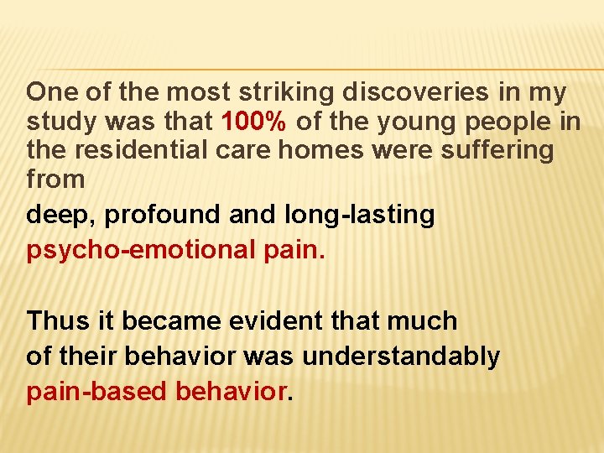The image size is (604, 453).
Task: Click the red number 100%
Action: [255, 122]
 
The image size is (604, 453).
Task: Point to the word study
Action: [62, 122]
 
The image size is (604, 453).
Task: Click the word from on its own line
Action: [55, 179]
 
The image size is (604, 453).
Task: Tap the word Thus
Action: [55, 320]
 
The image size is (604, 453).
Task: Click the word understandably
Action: [400, 357]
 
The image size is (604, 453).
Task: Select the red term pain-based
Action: [97, 392]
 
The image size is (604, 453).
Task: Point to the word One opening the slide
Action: [52, 92]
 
